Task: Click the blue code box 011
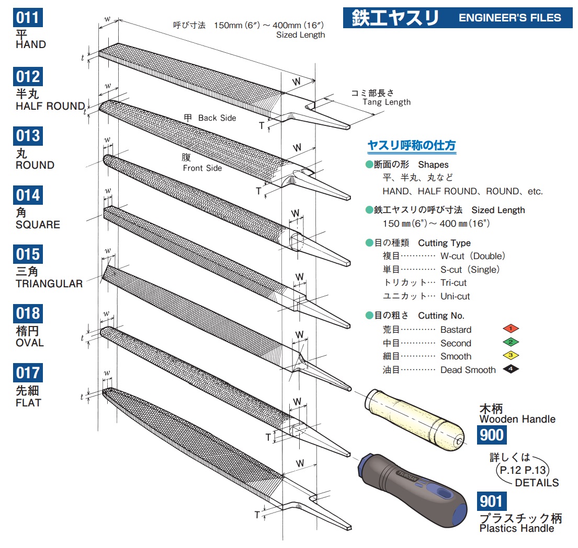[27, 17]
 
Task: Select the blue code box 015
[27, 254]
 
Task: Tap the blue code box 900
[491, 435]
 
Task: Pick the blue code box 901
[492, 502]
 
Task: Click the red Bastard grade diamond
[510, 329]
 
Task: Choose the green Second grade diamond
[510, 343]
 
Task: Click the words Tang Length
[387, 102]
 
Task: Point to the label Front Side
[202, 168]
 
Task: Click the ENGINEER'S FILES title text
[509, 17]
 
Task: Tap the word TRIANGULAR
[49, 284]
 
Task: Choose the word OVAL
[30, 343]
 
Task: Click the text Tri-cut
[454, 283]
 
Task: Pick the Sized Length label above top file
[300, 35]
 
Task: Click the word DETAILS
[537, 483]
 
